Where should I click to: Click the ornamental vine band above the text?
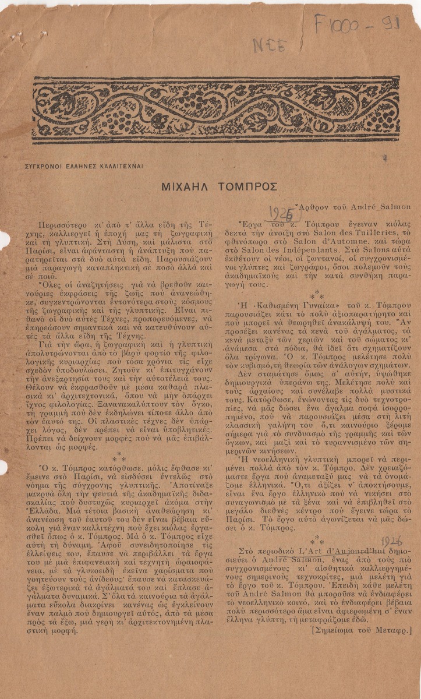216,110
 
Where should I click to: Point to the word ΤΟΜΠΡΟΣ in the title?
248,186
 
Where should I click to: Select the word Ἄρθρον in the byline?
314,206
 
